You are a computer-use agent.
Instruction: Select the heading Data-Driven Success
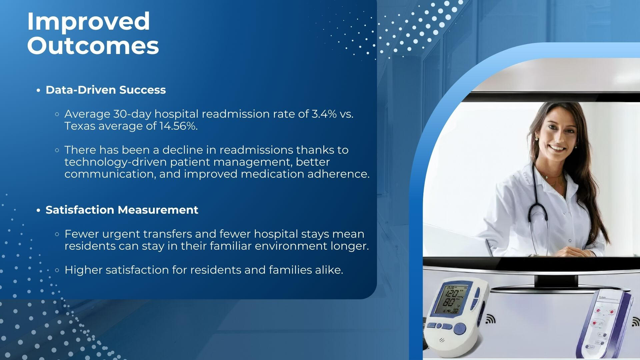[106, 90]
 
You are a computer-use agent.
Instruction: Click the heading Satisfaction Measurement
[122, 210]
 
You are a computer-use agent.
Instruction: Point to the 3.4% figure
[324, 114]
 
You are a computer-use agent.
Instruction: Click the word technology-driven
[116, 162]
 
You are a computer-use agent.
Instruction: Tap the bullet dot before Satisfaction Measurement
[39, 210]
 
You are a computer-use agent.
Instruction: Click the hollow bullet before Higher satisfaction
[57, 270]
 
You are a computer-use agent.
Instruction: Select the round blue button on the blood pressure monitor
[460, 329]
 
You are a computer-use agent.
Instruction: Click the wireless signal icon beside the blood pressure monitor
[490, 319]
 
